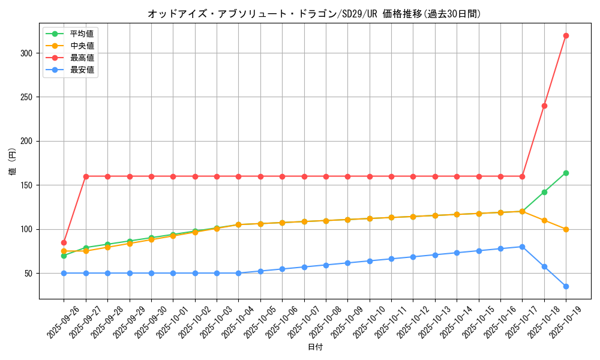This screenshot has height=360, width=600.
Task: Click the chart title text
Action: [314, 14]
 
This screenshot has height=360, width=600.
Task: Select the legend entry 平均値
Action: [82, 34]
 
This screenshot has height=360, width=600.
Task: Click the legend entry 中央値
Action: [82, 46]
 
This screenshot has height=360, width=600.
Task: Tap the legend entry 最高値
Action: [82, 58]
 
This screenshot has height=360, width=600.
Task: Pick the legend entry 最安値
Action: [82, 70]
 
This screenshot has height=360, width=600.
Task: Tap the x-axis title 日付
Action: [314, 347]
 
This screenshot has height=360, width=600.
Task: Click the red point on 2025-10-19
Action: [566, 35]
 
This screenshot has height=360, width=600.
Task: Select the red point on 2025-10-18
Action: [544, 106]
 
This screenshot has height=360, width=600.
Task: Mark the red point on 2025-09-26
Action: [64, 242]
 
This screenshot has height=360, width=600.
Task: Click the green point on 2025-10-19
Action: [566, 173]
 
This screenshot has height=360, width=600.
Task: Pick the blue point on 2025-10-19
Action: [566, 286]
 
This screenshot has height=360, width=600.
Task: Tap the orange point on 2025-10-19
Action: [566, 229]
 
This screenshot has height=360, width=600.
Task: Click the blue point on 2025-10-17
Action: [522, 247]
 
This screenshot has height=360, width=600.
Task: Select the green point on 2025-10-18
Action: [544, 192]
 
